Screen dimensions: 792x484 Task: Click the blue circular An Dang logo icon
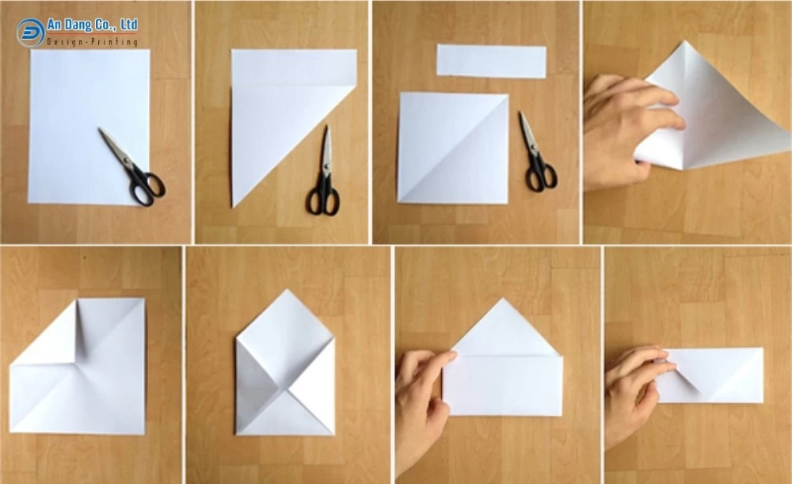[x=30, y=32]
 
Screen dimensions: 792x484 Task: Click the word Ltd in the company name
[x=129, y=25]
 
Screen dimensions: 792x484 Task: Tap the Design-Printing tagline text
[x=93, y=41]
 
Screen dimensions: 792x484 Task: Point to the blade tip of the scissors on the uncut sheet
[x=100, y=129]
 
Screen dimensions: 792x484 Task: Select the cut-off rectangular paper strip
[x=492, y=61]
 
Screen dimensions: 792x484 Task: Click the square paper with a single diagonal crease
[x=453, y=148]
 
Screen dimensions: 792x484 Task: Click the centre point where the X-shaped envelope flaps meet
[x=280, y=388]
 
